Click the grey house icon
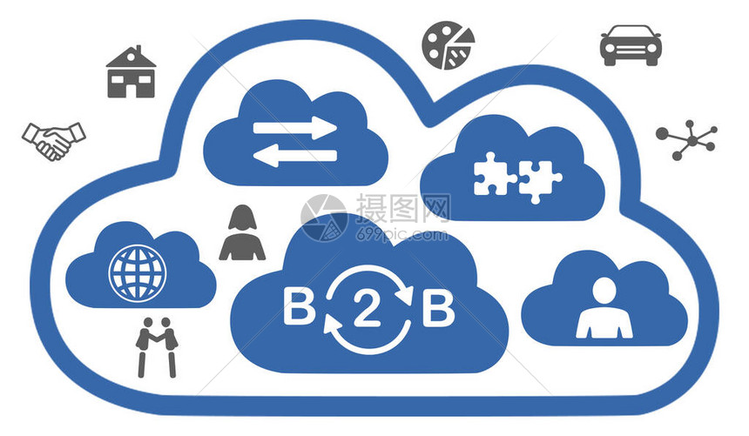tap(131, 73)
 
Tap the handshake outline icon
tap(54, 139)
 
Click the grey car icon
tap(631, 44)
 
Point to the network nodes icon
tap(687, 138)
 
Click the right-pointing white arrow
tap(294, 128)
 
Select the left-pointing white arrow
tap(294, 157)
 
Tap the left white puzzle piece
tap(495, 174)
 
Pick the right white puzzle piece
tap(540, 178)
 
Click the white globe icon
tap(137, 272)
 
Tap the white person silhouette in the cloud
tap(604, 308)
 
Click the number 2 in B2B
tap(367, 310)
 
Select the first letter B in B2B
tap(299, 309)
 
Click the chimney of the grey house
tap(121, 56)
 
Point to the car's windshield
tap(631, 35)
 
